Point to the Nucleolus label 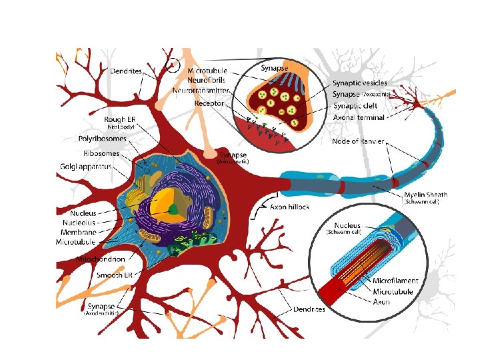[75, 223]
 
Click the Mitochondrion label [102, 257]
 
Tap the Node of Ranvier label [360, 141]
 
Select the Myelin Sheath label [426, 195]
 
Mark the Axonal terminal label [358, 118]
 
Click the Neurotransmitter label [201, 89]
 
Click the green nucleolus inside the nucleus [173, 209]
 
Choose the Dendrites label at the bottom [309, 309]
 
